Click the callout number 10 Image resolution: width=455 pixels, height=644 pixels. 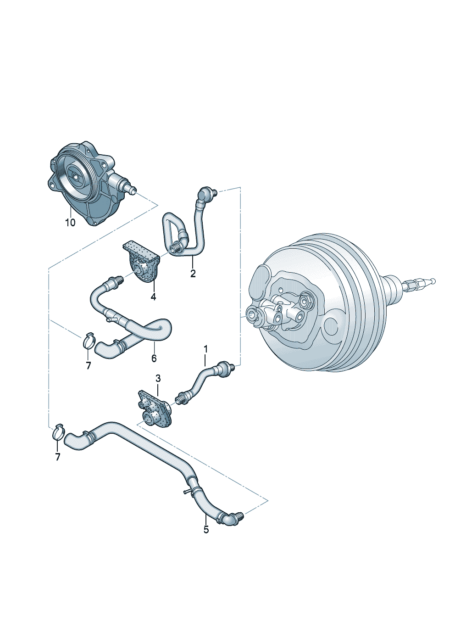pyautogui.click(x=70, y=223)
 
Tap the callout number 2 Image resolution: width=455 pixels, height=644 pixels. pyautogui.click(x=193, y=274)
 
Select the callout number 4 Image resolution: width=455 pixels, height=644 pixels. pyautogui.click(x=153, y=297)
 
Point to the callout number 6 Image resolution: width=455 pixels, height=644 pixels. pyautogui.click(x=154, y=358)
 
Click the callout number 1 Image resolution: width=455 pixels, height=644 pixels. pyautogui.click(x=205, y=349)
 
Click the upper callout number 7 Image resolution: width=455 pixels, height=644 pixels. pyautogui.click(x=88, y=366)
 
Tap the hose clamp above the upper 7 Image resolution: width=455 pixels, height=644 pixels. pyautogui.click(x=89, y=341)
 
